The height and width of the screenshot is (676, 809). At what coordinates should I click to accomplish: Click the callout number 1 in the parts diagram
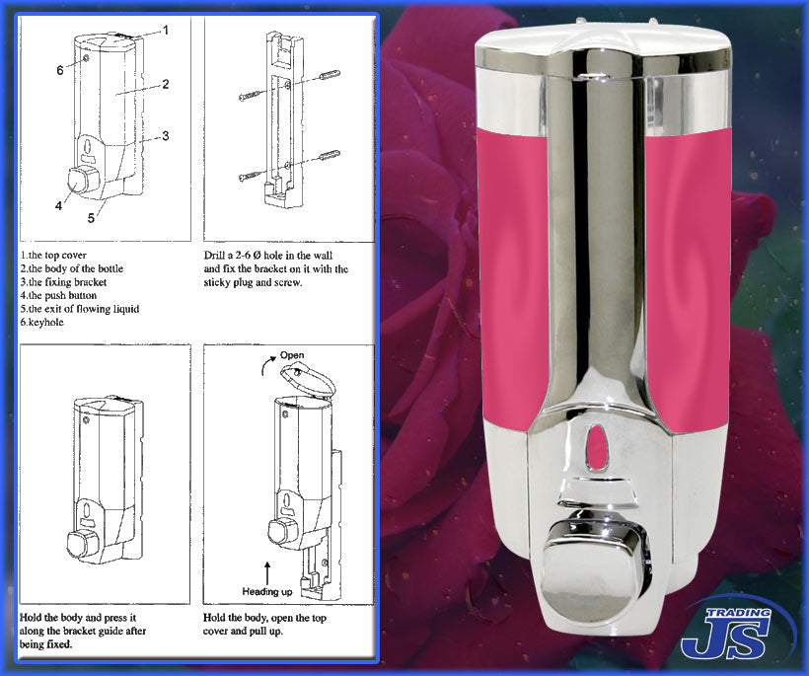(x=166, y=30)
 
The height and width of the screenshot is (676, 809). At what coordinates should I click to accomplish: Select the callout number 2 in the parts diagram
(x=167, y=84)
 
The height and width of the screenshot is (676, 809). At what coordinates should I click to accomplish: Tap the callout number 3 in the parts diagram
(x=167, y=135)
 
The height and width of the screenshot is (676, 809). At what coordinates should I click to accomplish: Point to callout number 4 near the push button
(x=59, y=206)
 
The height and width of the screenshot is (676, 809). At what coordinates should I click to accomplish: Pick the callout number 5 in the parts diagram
(x=91, y=217)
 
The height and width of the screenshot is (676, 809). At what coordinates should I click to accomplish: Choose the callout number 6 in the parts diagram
(x=59, y=70)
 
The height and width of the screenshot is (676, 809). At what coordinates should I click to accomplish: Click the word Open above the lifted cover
(x=292, y=355)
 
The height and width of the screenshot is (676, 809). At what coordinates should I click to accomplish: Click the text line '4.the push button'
(x=69, y=295)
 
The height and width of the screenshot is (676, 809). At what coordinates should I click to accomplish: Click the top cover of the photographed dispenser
(x=602, y=44)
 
